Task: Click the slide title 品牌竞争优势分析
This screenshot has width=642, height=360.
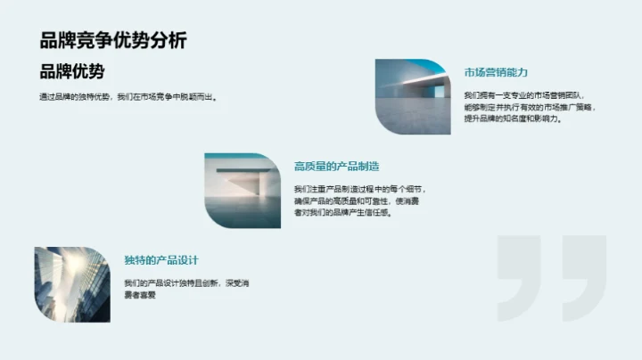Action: click(x=113, y=40)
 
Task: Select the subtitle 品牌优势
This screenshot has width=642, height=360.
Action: click(x=72, y=72)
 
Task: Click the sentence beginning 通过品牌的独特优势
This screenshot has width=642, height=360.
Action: click(x=128, y=97)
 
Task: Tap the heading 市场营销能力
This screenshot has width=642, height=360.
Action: click(x=497, y=72)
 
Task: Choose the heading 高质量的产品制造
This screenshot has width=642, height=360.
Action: click(x=336, y=166)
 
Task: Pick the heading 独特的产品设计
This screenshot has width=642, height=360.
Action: click(x=161, y=260)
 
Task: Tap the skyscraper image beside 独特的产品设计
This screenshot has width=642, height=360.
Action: click(x=72, y=284)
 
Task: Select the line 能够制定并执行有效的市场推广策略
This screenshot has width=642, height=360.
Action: click(x=531, y=106)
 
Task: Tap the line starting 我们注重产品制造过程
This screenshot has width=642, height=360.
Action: click(x=360, y=189)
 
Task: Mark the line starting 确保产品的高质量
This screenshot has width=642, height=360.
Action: click(x=360, y=200)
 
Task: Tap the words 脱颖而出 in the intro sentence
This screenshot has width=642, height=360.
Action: click(x=200, y=97)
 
